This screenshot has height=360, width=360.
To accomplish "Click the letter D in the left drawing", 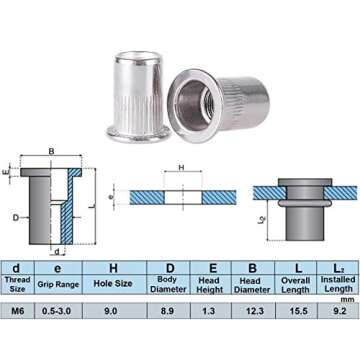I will [x=16, y=216].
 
